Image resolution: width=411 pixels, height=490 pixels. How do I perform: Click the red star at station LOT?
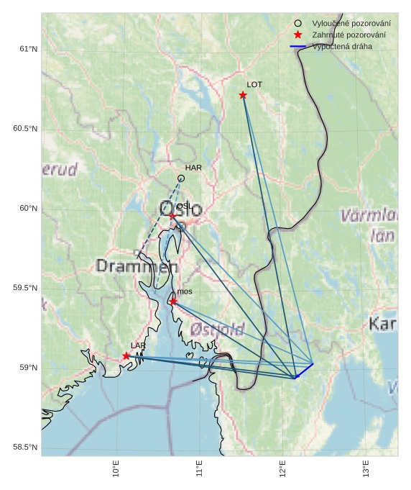(x=243, y=95)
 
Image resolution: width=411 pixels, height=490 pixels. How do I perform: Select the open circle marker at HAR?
(x=181, y=178)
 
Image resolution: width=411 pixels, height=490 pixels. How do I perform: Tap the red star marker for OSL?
(x=172, y=215)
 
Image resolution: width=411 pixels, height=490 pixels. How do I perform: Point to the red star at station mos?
(x=173, y=301)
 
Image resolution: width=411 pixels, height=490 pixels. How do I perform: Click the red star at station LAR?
(x=126, y=355)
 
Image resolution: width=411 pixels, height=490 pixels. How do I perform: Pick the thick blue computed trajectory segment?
(x=305, y=370)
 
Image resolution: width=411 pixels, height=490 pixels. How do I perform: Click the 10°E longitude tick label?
(x=116, y=468)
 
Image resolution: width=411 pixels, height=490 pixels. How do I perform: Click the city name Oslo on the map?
(x=180, y=209)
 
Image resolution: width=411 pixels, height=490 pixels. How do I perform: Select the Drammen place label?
(x=137, y=266)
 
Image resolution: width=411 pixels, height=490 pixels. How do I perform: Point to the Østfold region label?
(x=218, y=330)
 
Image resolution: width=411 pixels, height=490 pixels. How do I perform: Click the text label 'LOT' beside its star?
(x=254, y=84)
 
